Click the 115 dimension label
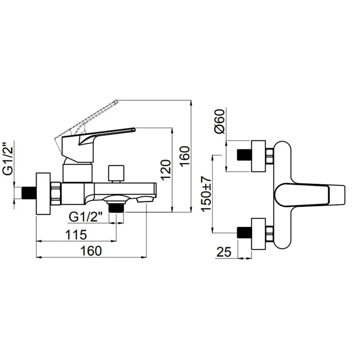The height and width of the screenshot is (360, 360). [76, 234]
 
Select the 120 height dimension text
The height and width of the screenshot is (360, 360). [166, 170]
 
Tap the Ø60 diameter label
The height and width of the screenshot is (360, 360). [220, 121]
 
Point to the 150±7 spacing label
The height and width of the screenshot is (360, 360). [206, 193]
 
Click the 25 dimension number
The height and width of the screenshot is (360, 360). [224, 252]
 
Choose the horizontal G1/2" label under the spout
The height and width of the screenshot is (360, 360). [85, 217]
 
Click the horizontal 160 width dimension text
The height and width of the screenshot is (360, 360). [91, 251]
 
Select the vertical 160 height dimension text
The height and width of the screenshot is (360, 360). [185, 156]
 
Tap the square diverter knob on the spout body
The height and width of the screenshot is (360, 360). [116, 173]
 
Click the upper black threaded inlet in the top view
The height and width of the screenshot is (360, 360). [244, 155]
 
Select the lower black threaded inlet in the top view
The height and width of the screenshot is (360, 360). [244, 233]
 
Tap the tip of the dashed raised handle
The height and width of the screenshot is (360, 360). [117, 101]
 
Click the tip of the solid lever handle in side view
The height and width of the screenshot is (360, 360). [134, 130]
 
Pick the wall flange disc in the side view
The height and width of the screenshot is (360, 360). [43, 194]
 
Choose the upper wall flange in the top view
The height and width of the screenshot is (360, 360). [258, 156]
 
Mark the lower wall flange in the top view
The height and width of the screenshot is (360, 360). [258, 234]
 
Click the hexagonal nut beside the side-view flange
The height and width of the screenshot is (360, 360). [56, 193]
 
